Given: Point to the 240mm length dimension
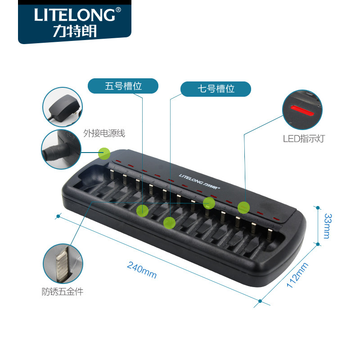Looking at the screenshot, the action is coord(141,270).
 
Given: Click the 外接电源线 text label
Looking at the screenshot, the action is coord(104,133).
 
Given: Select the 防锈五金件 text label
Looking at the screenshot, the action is coord(63,292).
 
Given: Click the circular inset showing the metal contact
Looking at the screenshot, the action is coord(63,264).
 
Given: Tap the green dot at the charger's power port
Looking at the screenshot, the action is coord(104,153).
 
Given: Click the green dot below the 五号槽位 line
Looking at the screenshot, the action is coord(143,210).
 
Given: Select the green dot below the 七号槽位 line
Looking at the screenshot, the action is coord(169,222).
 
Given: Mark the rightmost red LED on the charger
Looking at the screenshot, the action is coord(276,220).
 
